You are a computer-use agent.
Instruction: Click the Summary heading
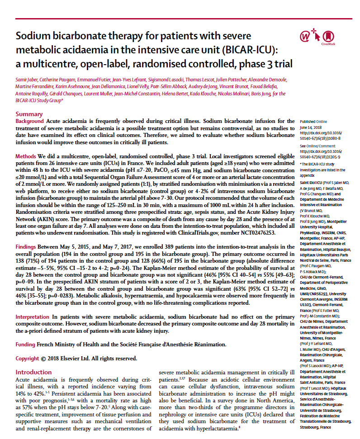pyautogui.click(x=29, y=114)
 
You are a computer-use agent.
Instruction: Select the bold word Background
pyautogui.click(x=30, y=122)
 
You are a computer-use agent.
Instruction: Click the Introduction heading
pyautogui.click(x=34, y=372)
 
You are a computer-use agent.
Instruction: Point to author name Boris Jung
pyautogui.click(x=257, y=94)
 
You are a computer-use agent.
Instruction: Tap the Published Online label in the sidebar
pyautogui.click(x=313, y=122)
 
